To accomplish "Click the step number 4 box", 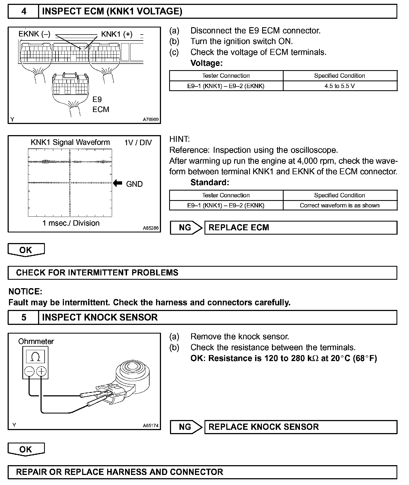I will click(x=24, y=11).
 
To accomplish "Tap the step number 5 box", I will click(x=24, y=318).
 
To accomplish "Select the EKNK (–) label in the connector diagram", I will click(x=34, y=34).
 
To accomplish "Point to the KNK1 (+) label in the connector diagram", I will click(x=117, y=34).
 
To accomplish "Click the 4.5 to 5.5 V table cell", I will click(x=340, y=86).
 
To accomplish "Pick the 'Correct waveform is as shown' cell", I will click(x=340, y=206).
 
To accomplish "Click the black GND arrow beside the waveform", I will click(x=118, y=184).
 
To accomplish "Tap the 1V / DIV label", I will click(x=138, y=143).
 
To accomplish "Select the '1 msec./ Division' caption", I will click(x=71, y=223).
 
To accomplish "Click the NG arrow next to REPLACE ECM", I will click(x=186, y=228).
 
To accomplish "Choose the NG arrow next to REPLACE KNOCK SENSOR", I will click(x=186, y=427).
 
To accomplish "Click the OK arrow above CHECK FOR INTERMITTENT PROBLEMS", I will click(x=26, y=250).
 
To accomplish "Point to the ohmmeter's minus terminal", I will click(x=29, y=371).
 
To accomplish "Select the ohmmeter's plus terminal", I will click(x=41, y=371).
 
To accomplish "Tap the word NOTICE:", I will click(x=25, y=292).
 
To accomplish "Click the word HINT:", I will click(x=179, y=139).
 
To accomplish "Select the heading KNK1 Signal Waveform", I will click(x=70, y=142).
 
